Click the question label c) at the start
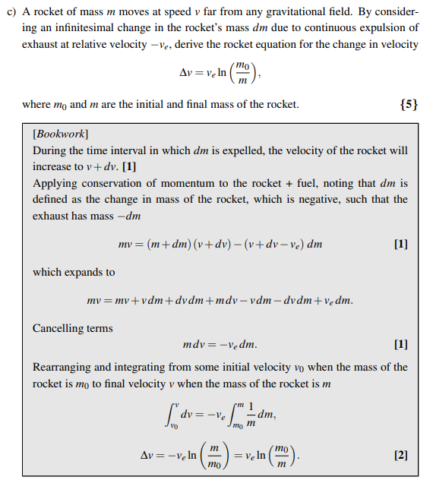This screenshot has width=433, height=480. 11,11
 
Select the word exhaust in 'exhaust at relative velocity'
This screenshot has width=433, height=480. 40,44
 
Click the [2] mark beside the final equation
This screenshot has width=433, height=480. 401,456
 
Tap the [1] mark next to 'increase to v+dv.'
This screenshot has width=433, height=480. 128,166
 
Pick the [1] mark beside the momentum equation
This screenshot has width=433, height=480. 401,245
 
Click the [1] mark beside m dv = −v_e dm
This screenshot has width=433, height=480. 401,344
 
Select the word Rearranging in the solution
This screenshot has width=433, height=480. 63,367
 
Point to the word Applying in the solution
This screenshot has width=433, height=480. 53,183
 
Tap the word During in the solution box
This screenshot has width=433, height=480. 50,150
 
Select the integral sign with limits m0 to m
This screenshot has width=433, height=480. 236,415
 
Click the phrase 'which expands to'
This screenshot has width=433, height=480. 74,272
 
